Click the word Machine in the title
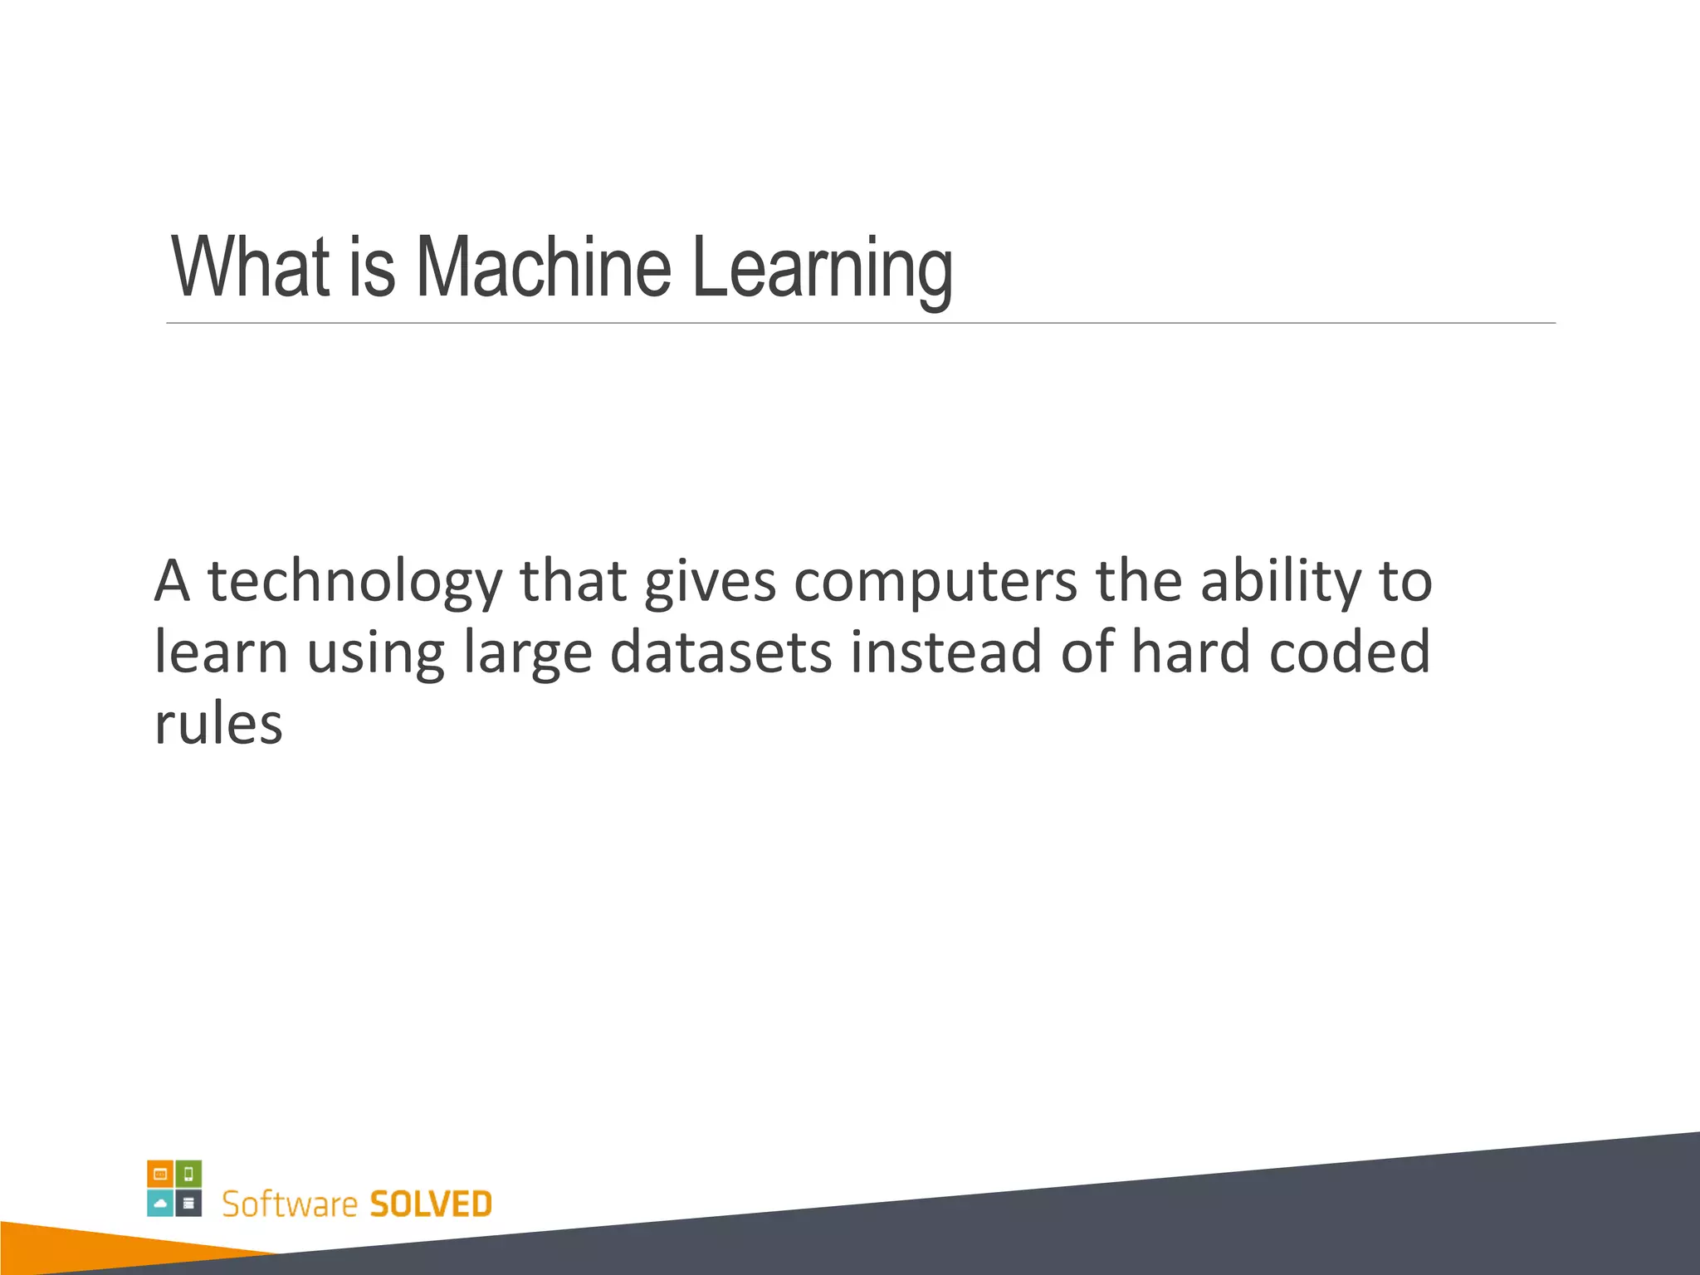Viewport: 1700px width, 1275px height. [x=543, y=267]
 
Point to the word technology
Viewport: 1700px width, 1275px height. [x=354, y=582]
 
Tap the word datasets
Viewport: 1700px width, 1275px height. [x=721, y=652]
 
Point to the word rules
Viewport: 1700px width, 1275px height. [x=218, y=723]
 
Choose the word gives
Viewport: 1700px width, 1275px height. [x=710, y=582]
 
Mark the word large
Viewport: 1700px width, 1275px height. [x=527, y=653]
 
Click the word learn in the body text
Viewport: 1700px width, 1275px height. [x=221, y=652]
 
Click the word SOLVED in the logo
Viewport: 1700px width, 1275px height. [x=430, y=1204]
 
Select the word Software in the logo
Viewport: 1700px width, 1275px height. [x=290, y=1204]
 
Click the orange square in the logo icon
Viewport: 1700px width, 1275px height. [x=160, y=1174]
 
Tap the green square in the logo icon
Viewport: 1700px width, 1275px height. [x=188, y=1174]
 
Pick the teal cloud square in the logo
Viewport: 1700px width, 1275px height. [x=160, y=1203]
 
